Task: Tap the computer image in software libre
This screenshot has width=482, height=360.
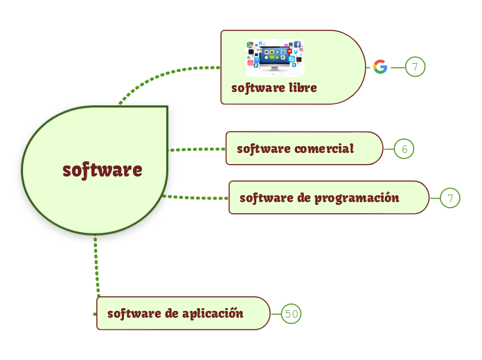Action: point(275,58)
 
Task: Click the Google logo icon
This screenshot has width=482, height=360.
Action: point(380,67)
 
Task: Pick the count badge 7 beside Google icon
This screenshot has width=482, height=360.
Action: point(414,67)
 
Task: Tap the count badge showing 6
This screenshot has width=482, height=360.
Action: point(404,149)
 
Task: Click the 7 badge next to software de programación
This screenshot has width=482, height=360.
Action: point(450,199)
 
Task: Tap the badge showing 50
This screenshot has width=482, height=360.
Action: point(292,314)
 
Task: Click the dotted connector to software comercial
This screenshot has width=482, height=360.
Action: point(197,149)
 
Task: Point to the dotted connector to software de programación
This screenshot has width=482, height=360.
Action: point(195,198)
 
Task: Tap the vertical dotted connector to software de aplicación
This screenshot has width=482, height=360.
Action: point(96,270)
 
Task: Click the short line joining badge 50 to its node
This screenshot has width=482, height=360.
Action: point(276,314)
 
